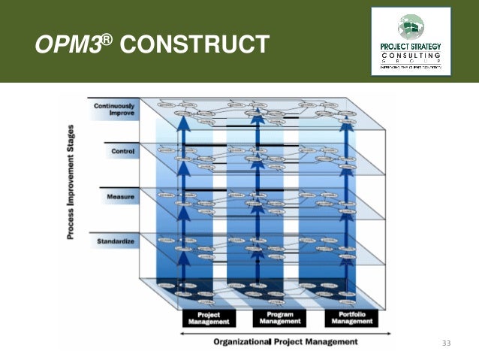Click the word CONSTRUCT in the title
tap(194, 46)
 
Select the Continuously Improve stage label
tap(114, 110)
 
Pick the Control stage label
tap(122, 152)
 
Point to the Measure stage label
tap(120, 197)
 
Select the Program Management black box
tap(276, 318)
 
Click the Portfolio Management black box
tap(350, 318)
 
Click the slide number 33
tap(446, 343)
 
